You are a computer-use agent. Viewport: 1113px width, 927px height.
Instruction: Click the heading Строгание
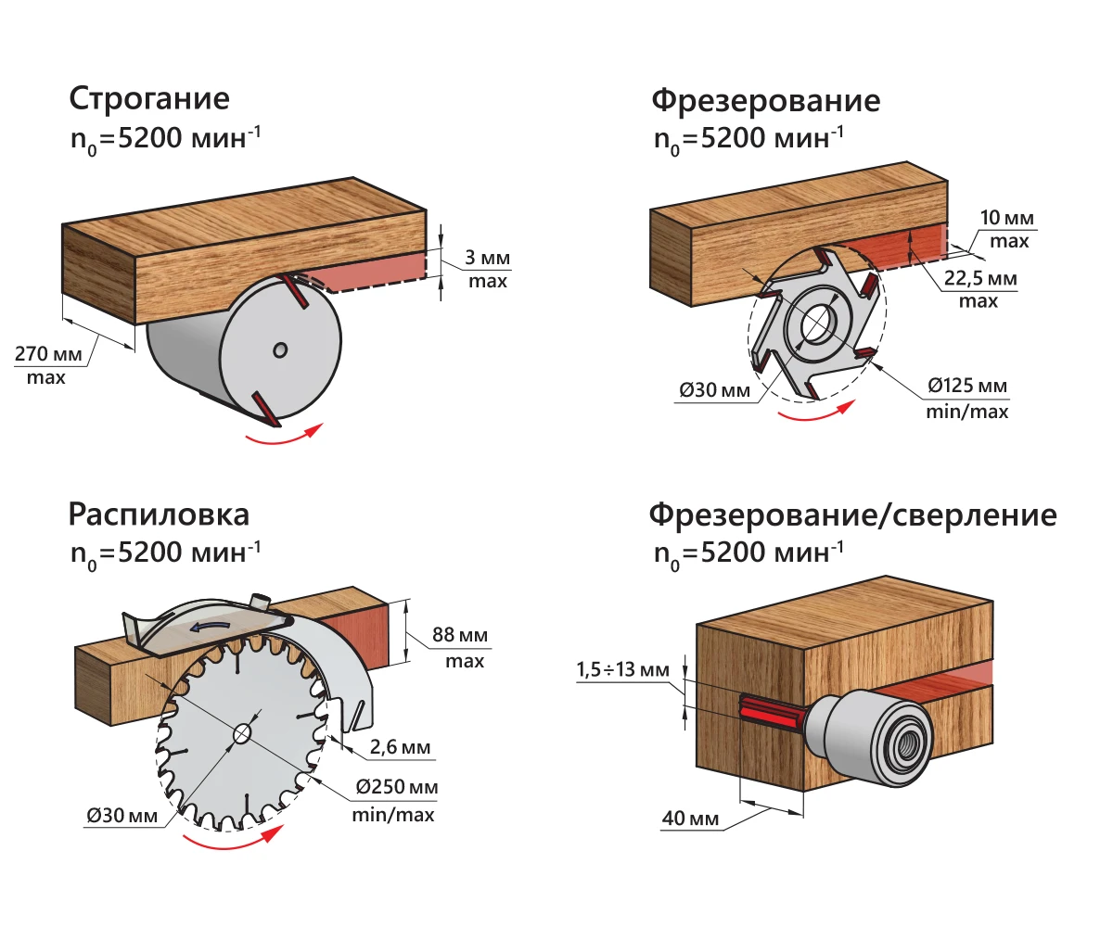149,99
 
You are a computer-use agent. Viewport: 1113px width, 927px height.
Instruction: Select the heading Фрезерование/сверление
852,514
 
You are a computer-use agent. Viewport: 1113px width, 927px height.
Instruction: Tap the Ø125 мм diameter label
967,386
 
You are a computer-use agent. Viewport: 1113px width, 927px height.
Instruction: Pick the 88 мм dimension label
459,637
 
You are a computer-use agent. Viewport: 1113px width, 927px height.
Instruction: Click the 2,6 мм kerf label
401,747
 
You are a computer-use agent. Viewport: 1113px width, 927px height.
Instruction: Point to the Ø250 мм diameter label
397,788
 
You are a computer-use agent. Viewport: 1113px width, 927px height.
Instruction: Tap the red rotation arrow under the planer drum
284,438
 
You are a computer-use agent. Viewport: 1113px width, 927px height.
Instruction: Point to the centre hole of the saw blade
243,733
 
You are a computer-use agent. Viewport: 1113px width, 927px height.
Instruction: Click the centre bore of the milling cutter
816,321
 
